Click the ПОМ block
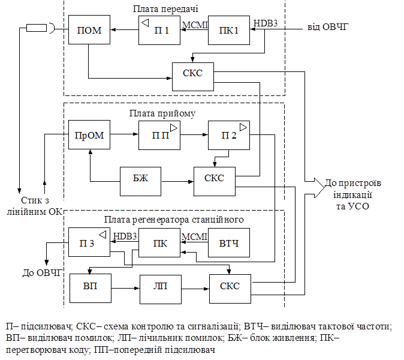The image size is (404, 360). click(x=89, y=29)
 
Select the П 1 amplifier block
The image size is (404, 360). click(x=159, y=31)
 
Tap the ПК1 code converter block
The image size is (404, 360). click(x=229, y=31)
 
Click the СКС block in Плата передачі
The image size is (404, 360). click(x=193, y=77)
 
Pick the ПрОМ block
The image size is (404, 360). click(x=89, y=134)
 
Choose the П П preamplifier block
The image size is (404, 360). click(x=159, y=135)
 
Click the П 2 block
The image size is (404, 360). click(x=229, y=135)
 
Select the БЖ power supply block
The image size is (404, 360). click(x=140, y=181)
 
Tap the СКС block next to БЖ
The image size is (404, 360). click(x=215, y=181)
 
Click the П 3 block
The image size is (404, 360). click(x=89, y=242)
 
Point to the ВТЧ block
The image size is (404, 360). click(x=229, y=242)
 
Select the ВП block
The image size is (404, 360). click(x=91, y=289)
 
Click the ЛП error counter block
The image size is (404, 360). click(x=161, y=289)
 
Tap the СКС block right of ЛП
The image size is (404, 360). click(x=230, y=289)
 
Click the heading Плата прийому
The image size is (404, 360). click(x=162, y=113)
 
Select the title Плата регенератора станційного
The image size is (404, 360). click(x=174, y=220)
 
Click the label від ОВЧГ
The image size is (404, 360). click(x=328, y=27)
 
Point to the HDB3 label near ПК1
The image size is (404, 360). click(x=266, y=23)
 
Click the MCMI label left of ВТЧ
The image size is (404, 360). click(x=194, y=237)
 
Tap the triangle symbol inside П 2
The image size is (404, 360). click(x=243, y=127)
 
